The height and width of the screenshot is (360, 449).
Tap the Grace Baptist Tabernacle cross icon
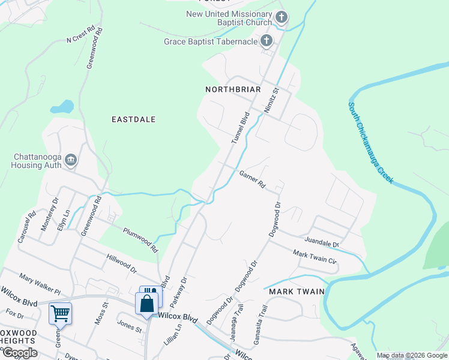click(x=267, y=41)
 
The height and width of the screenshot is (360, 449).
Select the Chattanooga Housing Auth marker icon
click(x=71, y=160)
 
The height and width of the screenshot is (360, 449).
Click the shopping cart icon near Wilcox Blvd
click(x=60, y=313)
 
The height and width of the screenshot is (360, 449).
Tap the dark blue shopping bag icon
click(x=147, y=304)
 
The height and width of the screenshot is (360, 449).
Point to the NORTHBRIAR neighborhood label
click(x=233, y=89)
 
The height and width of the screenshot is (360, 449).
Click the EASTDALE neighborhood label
click(x=134, y=119)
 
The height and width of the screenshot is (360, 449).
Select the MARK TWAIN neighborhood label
click(x=297, y=292)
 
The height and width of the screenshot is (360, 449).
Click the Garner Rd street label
click(x=252, y=178)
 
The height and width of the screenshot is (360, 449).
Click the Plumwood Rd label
click(x=140, y=239)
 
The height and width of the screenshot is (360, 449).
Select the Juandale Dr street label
click(x=321, y=243)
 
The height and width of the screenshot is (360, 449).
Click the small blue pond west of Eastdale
click(x=62, y=107)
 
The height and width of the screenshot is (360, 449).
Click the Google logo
click(x=20, y=353)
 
